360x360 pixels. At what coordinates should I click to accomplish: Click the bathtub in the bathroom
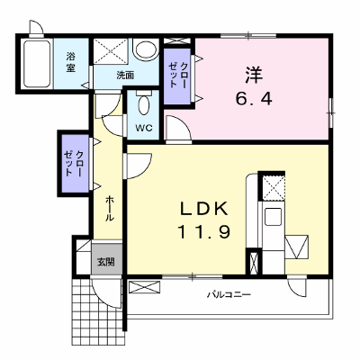[x=37, y=64]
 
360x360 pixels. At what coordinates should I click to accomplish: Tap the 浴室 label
[x=70, y=62]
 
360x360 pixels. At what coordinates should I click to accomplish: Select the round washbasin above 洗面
[x=146, y=49]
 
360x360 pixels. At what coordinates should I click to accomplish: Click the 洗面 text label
[x=125, y=76]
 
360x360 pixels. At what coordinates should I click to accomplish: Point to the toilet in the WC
[x=144, y=103]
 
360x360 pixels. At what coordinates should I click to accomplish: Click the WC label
[x=144, y=128]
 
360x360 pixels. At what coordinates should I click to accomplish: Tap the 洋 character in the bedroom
[x=254, y=75]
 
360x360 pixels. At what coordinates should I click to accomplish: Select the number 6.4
[x=254, y=99]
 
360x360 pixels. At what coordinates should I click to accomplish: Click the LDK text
[x=204, y=209]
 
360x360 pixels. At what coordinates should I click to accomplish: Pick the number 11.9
[x=204, y=232]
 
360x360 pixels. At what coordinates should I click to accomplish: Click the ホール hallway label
[x=110, y=208]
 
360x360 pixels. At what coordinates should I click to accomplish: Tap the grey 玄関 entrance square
[x=107, y=259]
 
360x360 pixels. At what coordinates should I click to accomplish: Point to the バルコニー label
[x=229, y=294]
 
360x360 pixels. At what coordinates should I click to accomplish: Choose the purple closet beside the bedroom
[x=177, y=76]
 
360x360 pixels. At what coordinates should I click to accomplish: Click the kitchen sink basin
[x=273, y=217]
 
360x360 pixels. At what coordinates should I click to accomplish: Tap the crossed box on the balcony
[x=144, y=286]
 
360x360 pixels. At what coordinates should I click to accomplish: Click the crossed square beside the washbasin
[x=112, y=51]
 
